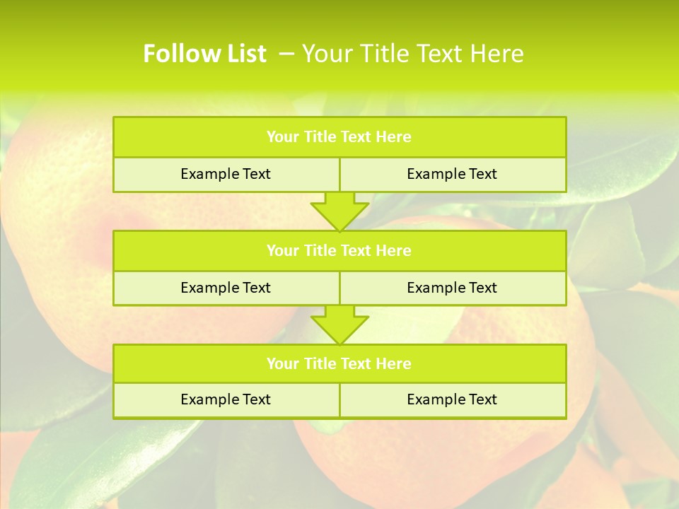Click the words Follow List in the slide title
point(204,54)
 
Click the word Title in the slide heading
point(386,54)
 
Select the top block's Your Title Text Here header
point(339,137)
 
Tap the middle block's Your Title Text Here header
point(339,250)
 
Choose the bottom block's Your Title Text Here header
point(339,363)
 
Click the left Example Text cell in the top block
point(226,174)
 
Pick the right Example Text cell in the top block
point(452,174)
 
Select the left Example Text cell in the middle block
point(226,288)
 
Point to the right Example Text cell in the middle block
point(452,288)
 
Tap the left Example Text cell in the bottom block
point(226,399)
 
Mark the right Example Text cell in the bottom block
point(452,399)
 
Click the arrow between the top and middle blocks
point(339,211)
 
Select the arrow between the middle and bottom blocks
point(339,324)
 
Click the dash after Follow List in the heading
point(287,54)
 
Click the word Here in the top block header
point(393,137)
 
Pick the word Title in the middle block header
point(320,250)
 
